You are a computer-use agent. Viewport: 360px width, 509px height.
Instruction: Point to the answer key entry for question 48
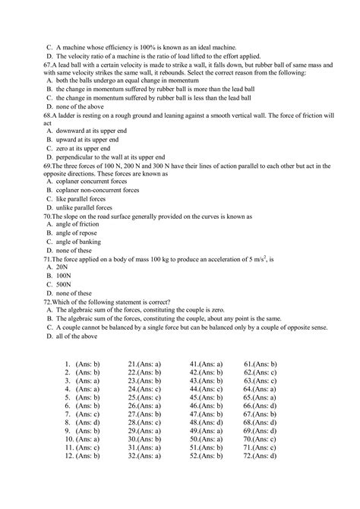pyautogui.click(x=206, y=422)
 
